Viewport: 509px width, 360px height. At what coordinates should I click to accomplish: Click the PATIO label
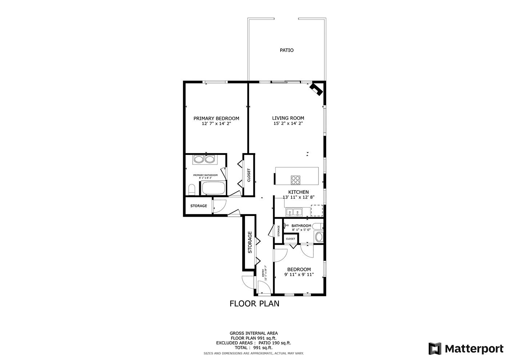pos(286,50)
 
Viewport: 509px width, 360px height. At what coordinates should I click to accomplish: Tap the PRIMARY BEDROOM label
pos(216,119)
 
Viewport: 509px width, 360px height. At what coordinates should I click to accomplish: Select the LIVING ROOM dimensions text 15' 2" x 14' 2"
pos(288,124)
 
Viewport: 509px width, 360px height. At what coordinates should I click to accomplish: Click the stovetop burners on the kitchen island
pos(295,180)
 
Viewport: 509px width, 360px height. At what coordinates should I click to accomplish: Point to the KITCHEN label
pos(298,192)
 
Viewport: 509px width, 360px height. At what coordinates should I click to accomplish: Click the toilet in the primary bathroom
pos(192,189)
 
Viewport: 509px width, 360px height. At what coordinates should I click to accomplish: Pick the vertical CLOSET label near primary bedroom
pos(249,175)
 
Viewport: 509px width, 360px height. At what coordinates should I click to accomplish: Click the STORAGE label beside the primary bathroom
pos(199,206)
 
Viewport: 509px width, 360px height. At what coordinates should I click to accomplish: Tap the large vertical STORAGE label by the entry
pos(250,243)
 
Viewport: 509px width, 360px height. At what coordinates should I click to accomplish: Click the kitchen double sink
pos(294,211)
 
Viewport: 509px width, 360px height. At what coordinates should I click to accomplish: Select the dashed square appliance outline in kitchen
pos(317,210)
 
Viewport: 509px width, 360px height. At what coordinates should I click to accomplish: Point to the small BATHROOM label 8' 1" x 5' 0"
pos(301,226)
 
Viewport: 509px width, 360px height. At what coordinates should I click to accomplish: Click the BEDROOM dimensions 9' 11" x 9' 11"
pos(299,275)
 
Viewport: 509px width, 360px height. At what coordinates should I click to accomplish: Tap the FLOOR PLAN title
pos(254,303)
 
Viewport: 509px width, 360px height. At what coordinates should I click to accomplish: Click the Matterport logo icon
pos(435,348)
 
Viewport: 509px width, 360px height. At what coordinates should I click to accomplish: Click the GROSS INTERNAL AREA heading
pos(254,333)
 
